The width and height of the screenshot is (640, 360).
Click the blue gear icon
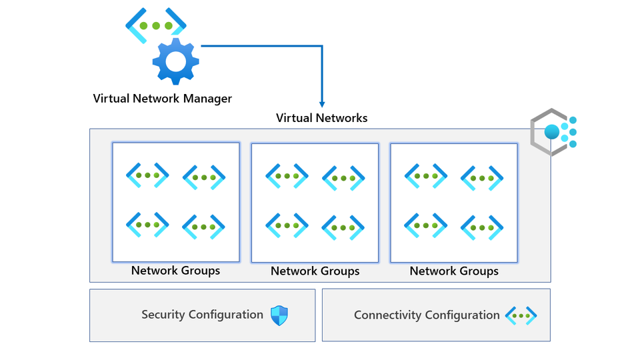point(175,61)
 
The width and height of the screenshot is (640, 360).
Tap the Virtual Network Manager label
point(163,99)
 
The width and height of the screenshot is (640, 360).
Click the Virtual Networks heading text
point(321,118)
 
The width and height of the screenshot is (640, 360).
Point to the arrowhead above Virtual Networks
point(322,103)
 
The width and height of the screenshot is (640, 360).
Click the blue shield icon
point(279,315)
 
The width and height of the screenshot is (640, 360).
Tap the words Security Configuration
point(202,315)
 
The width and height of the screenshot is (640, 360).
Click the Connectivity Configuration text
point(427,315)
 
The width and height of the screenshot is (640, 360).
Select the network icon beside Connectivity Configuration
point(521,315)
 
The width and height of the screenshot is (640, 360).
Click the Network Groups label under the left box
point(175,271)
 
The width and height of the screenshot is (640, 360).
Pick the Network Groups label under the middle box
point(315,271)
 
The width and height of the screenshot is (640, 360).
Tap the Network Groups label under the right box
point(454,271)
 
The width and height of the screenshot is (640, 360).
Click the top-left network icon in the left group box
point(147,175)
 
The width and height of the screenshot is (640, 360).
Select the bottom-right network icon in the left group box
point(204,227)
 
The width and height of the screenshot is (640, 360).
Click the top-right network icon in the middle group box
point(343,178)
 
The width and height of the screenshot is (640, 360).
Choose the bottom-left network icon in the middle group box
point(287,225)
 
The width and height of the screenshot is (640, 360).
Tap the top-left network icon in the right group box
point(426,175)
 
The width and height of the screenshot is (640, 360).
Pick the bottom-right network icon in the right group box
point(482,227)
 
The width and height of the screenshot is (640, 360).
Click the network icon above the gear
point(156,26)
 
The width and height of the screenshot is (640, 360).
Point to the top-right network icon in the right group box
point(482,178)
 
